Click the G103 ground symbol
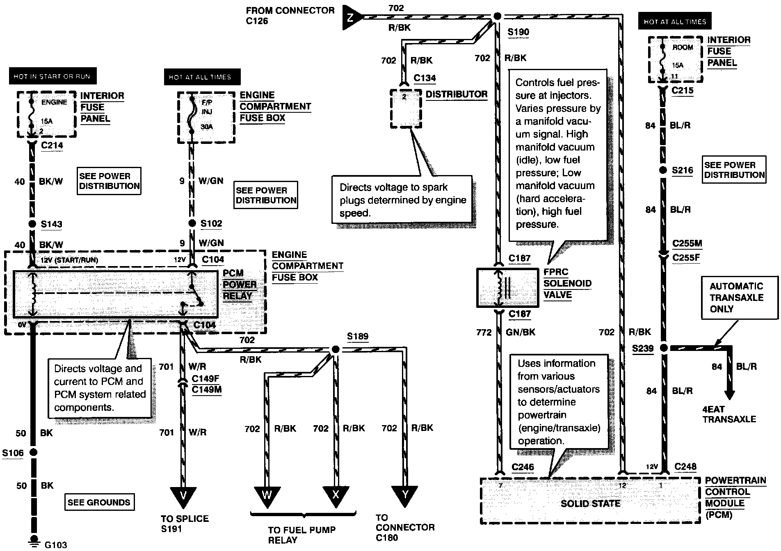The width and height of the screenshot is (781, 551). [x=34, y=540]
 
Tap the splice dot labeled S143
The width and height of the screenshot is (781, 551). [x=32, y=224]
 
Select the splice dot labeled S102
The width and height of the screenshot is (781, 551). [x=192, y=223]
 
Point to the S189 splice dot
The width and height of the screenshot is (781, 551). [x=336, y=349]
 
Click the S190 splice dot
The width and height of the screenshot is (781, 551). [x=497, y=16]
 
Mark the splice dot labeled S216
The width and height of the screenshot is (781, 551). [x=663, y=170]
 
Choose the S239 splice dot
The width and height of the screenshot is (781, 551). [x=663, y=348]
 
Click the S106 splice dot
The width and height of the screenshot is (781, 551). [x=33, y=452]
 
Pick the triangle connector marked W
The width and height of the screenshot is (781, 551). [x=267, y=496]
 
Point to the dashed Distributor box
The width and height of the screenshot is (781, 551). [x=406, y=109]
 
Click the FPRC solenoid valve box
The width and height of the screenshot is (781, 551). [x=507, y=287]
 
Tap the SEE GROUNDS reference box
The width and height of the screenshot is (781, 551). [x=99, y=502]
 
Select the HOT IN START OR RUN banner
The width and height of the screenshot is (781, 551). [x=53, y=77]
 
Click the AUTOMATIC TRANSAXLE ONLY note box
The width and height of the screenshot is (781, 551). [x=740, y=298]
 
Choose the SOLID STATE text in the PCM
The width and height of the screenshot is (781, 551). [x=590, y=503]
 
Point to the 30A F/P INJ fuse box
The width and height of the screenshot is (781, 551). [x=206, y=117]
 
